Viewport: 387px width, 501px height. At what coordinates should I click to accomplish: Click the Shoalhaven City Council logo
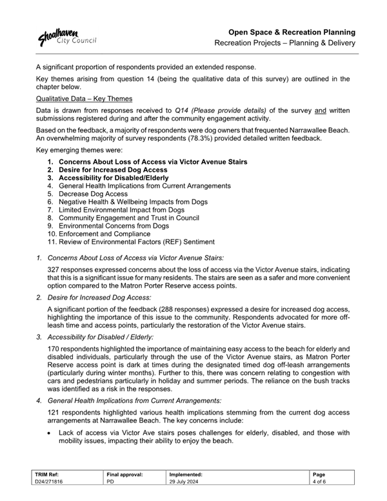point(66,37)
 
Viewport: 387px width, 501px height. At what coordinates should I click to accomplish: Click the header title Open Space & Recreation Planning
point(293,32)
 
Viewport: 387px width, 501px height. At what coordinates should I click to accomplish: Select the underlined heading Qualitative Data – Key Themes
point(84,99)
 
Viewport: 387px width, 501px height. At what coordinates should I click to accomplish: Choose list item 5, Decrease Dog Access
point(93,194)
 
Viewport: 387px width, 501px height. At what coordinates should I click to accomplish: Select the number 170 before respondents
point(54,349)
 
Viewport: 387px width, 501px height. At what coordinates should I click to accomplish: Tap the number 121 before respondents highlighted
point(54,412)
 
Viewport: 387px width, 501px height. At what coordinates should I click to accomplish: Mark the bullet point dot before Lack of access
point(50,433)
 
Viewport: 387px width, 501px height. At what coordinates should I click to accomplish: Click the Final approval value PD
point(110,482)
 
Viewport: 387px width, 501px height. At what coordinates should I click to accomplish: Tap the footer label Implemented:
point(186,475)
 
